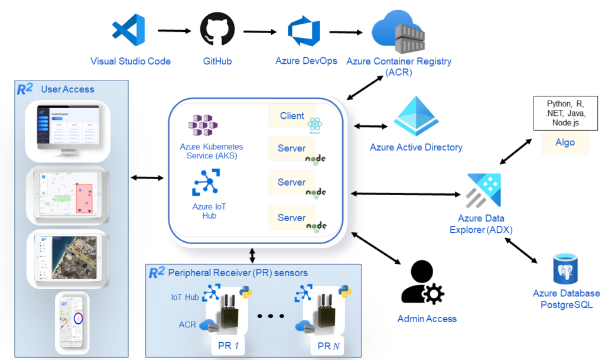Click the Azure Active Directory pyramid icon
coord(416,117)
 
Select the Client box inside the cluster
coord(292,116)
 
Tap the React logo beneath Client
coord(314,125)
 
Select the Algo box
coord(565,142)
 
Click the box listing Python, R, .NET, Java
coord(565,113)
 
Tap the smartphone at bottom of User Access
coord(72,322)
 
